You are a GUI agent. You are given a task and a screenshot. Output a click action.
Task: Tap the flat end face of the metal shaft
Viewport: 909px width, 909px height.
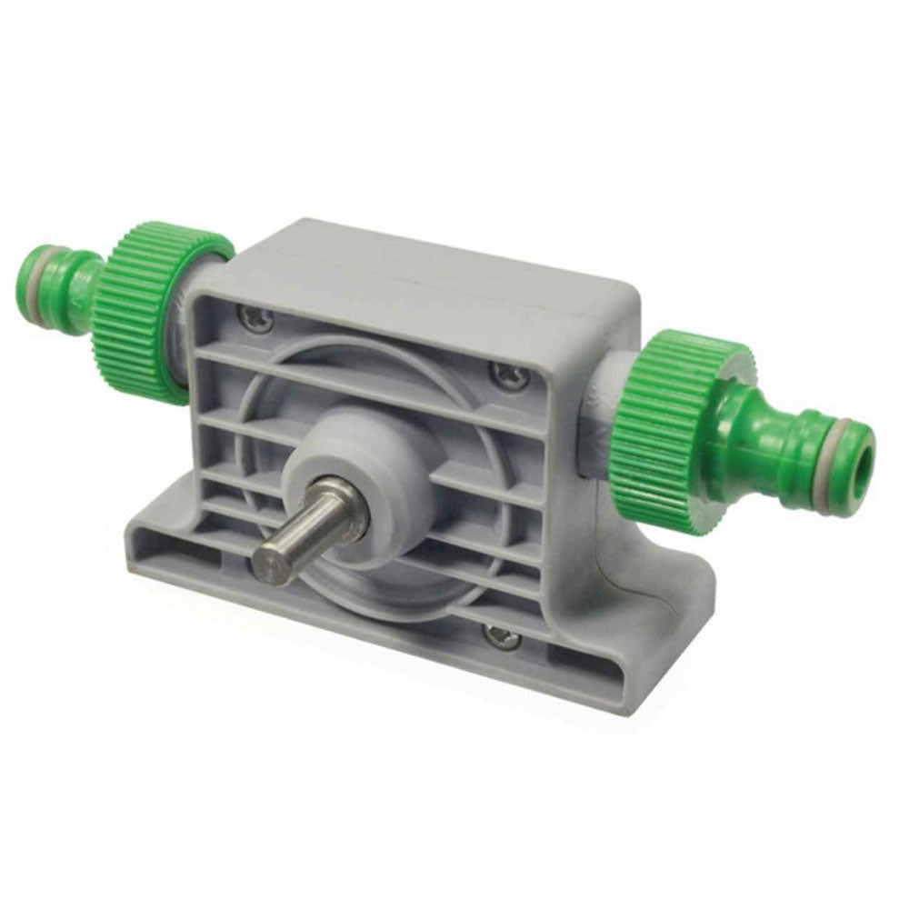[269, 560]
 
